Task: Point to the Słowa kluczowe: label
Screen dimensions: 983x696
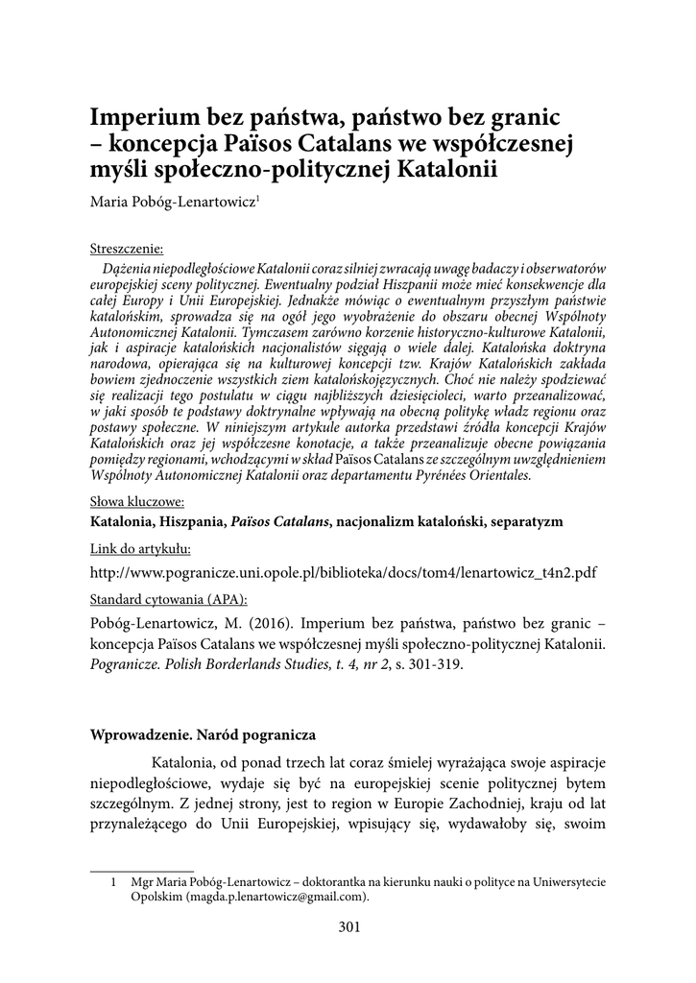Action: coord(137,500)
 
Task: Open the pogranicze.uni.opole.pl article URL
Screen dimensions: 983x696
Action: coord(343,572)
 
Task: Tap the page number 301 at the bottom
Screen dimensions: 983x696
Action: coord(348,926)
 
